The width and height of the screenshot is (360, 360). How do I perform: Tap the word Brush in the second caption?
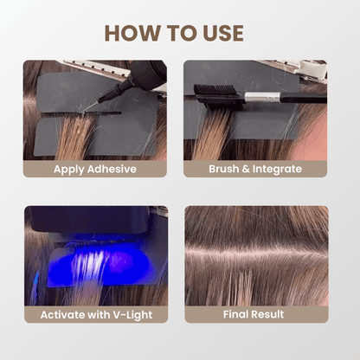(x=227, y=169)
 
